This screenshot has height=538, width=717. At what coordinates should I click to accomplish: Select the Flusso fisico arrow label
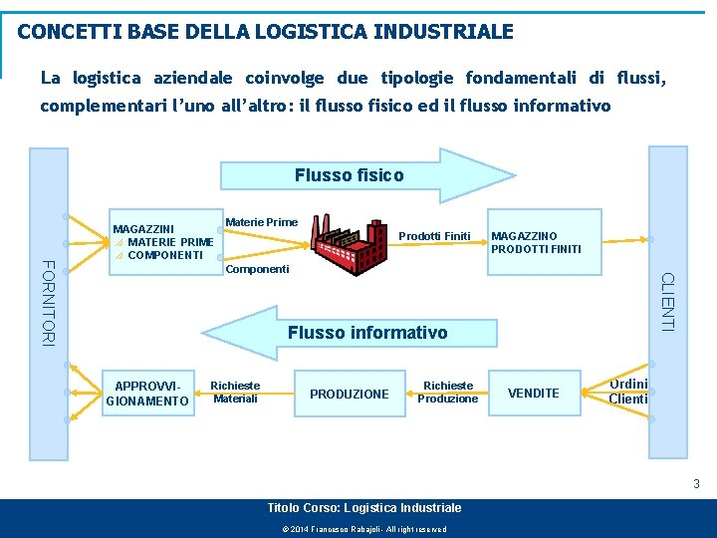tap(350, 175)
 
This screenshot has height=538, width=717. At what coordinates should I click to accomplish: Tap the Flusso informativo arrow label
tap(367, 333)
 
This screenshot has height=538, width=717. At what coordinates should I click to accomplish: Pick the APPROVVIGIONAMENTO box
tap(147, 393)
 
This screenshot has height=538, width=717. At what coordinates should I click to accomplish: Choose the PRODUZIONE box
tap(350, 394)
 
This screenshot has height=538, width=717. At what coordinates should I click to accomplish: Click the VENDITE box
tap(534, 393)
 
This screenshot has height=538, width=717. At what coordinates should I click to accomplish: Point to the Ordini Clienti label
tap(628, 392)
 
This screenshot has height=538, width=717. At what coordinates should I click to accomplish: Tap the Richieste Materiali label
tap(235, 392)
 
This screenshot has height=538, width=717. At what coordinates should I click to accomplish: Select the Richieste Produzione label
tap(448, 392)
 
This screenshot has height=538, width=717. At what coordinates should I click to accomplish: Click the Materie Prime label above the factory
tap(262, 221)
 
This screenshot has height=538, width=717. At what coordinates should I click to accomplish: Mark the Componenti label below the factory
tap(258, 269)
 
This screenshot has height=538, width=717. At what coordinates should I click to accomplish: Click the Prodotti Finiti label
tap(434, 236)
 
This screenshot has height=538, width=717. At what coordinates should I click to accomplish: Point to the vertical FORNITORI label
tap(48, 302)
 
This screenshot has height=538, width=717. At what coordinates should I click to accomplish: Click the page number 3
tap(697, 484)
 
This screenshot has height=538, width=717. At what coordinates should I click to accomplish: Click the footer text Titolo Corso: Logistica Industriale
tap(364, 508)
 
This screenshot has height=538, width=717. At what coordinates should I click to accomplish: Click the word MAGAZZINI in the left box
tap(143, 229)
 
